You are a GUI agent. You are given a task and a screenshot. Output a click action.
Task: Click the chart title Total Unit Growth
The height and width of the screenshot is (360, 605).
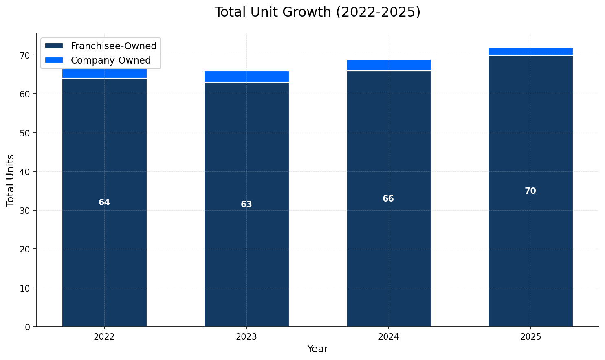[x=317, y=12]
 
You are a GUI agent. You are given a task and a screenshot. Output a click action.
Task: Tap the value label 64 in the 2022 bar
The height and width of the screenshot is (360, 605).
[x=104, y=202]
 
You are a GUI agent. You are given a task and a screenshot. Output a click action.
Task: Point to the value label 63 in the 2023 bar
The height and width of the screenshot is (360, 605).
[x=246, y=204]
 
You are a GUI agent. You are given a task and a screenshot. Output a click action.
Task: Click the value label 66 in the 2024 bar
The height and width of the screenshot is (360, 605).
[x=388, y=199]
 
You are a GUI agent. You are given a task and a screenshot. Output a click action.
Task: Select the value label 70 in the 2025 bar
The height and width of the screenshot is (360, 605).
[x=530, y=191]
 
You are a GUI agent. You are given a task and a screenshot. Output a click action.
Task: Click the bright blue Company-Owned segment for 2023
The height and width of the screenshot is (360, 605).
[x=246, y=77]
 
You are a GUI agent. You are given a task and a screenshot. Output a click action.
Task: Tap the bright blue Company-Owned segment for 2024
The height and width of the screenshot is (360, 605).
[x=388, y=65]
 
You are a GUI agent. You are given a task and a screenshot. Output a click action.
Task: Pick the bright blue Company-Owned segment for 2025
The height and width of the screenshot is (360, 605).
[x=530, y=51]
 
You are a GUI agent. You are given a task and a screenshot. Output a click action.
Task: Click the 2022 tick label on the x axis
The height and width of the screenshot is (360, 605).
[x=104, y=337]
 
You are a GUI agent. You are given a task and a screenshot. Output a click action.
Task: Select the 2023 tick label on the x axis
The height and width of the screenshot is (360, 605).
[x=246, y=337]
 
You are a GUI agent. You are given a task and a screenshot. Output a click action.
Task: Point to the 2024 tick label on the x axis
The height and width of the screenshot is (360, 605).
[x=388, y=337]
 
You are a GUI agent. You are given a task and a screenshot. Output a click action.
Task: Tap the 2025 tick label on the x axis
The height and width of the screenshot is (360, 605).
[x=530, y=337]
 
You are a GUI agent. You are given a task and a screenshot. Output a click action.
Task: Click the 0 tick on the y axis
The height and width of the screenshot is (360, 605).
[x=28, y=327]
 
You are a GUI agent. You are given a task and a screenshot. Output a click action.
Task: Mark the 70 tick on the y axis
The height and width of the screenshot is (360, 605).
[x=25, y=55]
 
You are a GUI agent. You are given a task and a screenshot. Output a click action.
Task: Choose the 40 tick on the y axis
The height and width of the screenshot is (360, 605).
[x=25, y=172]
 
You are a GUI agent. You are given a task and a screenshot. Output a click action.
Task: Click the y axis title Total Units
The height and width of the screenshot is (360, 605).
[x=11, y=180]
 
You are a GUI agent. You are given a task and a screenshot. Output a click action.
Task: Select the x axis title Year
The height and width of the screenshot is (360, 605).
[x=317, y=349]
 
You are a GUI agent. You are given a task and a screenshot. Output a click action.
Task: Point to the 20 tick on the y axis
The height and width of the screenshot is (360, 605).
[x=25, y=249]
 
